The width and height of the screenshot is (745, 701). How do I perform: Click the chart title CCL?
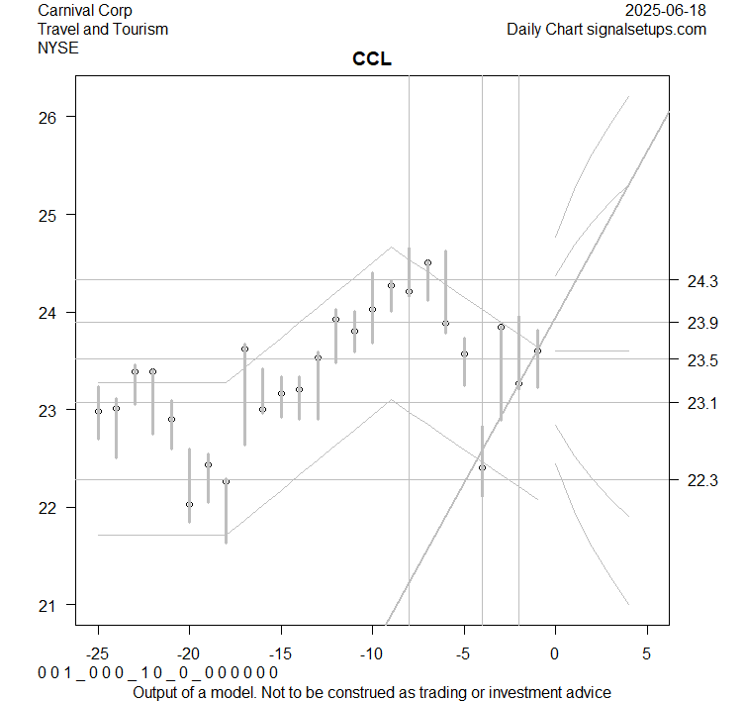click(372, 59)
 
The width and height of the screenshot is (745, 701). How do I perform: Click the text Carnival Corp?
click(84, 11)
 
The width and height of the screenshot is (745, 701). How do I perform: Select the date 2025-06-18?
click(667, 11)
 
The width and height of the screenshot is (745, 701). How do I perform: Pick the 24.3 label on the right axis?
click(702, 281)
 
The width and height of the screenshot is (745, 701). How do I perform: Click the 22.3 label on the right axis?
click(702, 480)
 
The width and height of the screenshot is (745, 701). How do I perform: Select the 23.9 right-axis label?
click(702, 323)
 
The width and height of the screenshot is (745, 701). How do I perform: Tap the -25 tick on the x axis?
click(98, 653)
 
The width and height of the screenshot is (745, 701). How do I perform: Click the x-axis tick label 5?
click(647, 653)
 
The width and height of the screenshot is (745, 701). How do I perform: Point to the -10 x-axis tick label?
click(372, 653)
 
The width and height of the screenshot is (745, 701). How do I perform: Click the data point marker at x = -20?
click(189, 504)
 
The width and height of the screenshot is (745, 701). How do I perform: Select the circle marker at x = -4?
click(482, 467)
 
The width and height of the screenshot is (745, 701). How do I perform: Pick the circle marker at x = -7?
click(427, 262)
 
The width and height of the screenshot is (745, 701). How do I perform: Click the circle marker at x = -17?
click(244, 349)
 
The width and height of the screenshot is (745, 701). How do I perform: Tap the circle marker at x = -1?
click(537, 350)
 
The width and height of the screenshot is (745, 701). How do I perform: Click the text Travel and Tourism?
click(103, 29)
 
